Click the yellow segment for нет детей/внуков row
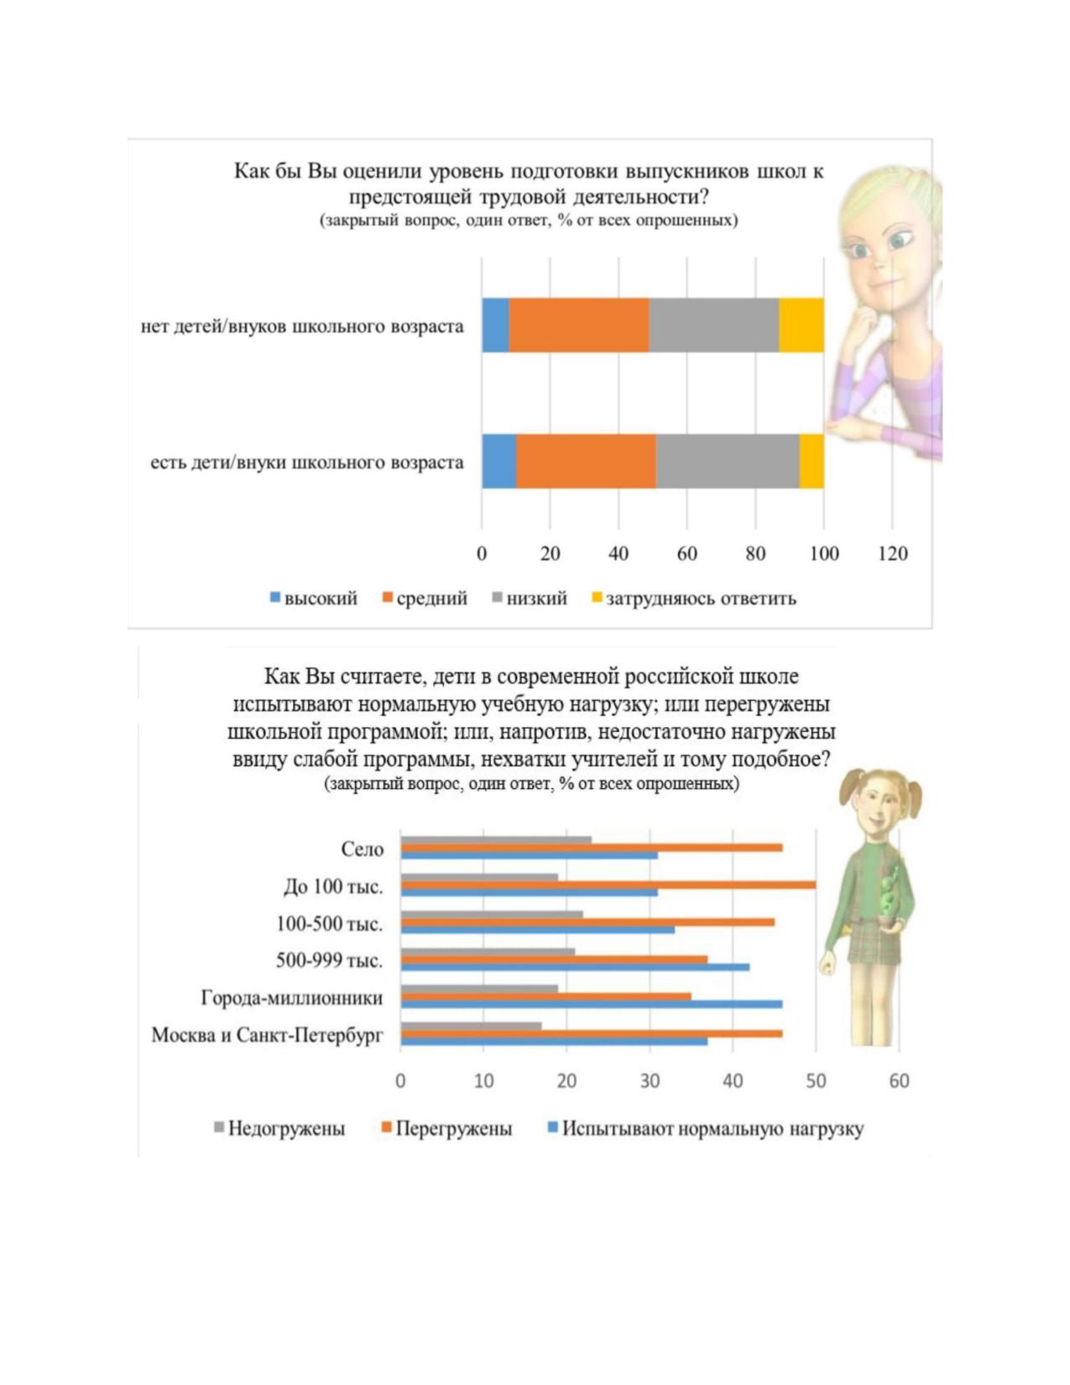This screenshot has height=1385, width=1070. click(801, 325)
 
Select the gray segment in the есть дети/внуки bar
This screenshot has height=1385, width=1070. click(728, 462)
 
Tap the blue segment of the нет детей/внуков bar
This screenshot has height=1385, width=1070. click(495, 325)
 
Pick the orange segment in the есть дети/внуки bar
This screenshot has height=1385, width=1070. click(587, 462)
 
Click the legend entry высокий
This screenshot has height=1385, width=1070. click(314, 598)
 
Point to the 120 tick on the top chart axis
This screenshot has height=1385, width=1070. click(892, 553)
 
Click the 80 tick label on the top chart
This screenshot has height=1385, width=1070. click(755, 553)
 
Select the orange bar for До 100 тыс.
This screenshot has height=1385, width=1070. click(608, 885)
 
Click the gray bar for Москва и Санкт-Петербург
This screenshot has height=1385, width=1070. click(471, 1026)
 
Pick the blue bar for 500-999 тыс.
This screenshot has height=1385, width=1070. click(575, 967)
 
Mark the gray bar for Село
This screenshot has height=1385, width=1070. click(496, 839)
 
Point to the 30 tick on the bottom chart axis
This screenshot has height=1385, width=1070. click(650, 1081)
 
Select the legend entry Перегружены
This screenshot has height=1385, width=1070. click(446, 1129)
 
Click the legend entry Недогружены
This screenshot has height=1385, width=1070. click(279, 1129)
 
